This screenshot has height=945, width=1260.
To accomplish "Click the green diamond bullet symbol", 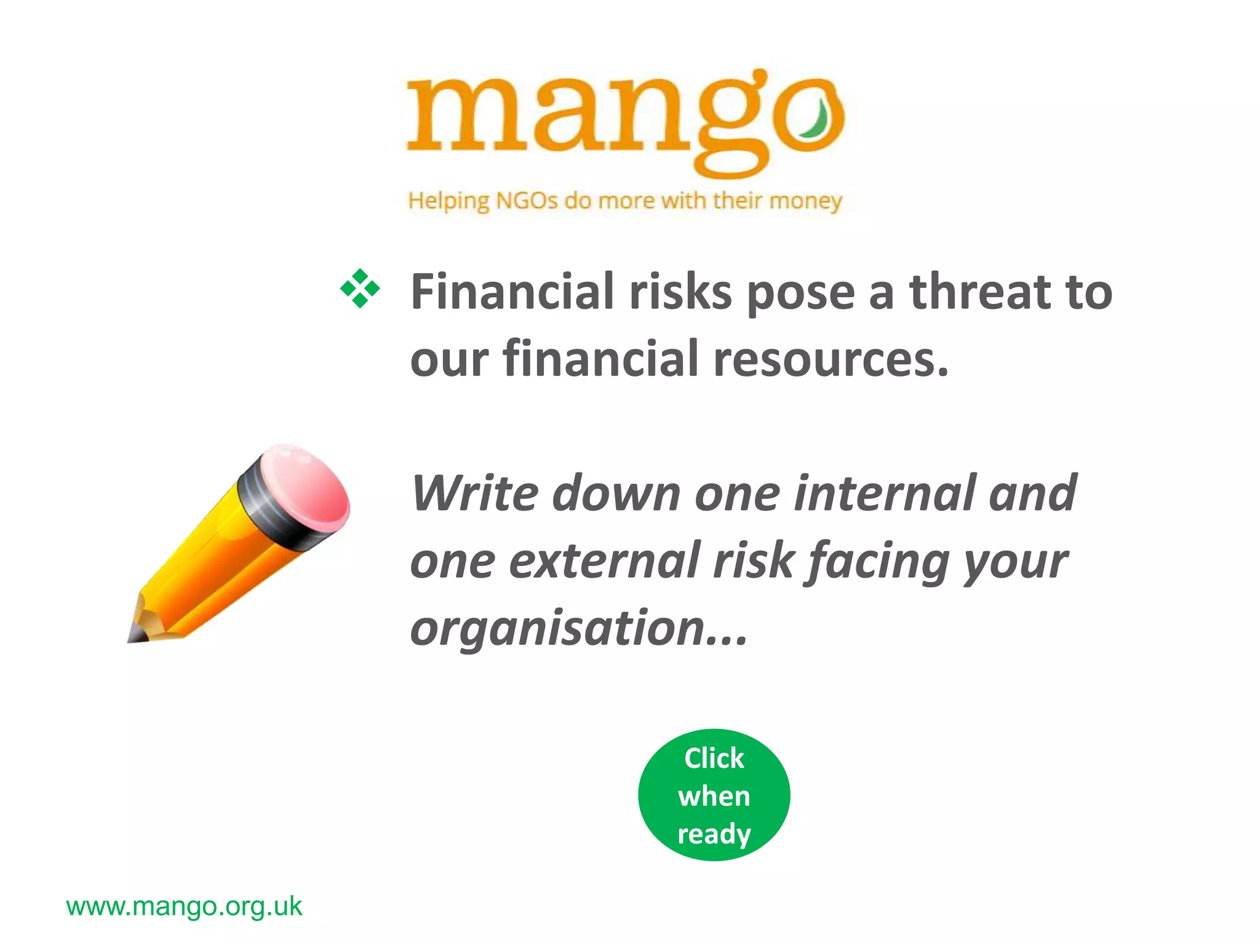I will click(x=360, y=289).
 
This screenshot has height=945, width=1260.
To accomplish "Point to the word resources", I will click(x=831, y=359).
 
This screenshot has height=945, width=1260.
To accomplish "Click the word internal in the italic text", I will click(x=884, y=493).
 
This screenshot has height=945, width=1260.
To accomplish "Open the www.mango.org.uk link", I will click(x=184, y=906).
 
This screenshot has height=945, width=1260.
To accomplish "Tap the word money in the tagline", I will click(x=805, y=201).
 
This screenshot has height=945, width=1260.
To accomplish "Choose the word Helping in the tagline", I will click(x=449, y=201).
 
